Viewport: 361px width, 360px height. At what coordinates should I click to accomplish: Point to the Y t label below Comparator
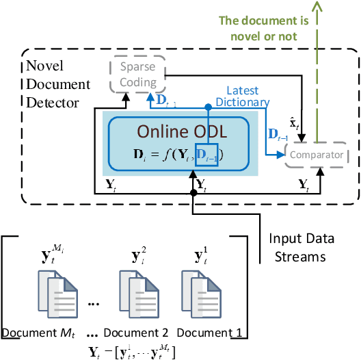pos(304,183)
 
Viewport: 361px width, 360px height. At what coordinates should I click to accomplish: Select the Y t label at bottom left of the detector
pos(110,183)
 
